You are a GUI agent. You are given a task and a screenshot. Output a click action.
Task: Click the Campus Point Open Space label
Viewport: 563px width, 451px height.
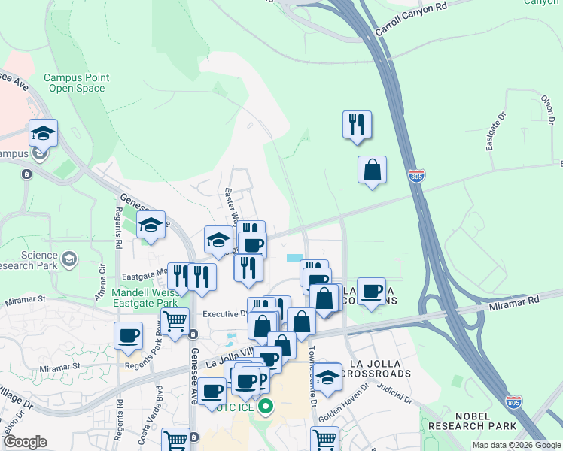(x=76, y=83)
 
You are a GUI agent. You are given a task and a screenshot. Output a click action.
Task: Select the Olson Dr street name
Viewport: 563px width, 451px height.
(x=547, y=108)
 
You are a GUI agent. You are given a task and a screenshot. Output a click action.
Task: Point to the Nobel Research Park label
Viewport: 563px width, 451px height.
(x=472, y=421)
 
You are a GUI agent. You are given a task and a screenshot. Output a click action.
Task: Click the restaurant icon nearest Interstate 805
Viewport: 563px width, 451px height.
(x=357, y=125)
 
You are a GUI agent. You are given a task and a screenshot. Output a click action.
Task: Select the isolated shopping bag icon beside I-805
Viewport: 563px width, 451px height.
(x=372, y=170)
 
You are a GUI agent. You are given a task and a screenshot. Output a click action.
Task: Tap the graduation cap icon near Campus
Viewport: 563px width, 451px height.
(x=44, y=133)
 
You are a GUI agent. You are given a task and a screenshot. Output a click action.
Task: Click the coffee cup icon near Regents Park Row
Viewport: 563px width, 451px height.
(x=129, y=334)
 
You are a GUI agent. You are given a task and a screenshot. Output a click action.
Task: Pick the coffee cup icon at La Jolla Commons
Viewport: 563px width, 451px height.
(x=370, y=292)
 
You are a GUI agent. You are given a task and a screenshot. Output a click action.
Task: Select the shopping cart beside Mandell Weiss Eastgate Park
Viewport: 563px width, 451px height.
(x=175, y=321)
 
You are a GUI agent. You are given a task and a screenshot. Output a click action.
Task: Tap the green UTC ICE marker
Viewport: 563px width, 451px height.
(x=265, y=409)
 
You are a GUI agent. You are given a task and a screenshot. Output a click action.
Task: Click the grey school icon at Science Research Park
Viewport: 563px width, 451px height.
(x=69, y=259)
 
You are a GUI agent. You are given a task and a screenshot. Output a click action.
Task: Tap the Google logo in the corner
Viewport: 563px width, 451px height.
(x=24, y=442)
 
